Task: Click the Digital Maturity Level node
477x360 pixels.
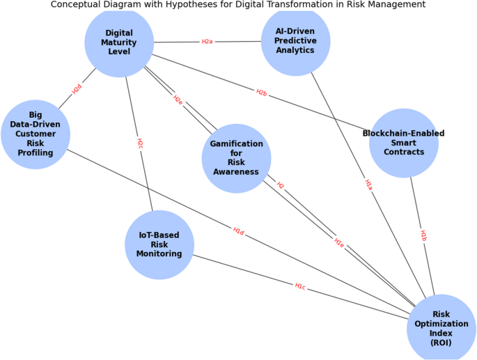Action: tap(119, 42)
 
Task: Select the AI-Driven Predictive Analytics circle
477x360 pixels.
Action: tap(295, 41)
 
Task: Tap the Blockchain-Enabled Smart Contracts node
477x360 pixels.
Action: tap(404, 143)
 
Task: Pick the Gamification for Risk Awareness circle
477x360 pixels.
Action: tap(236, 158)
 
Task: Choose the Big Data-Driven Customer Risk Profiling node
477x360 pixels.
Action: tap(36, 134)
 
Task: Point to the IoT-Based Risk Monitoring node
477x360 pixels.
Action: tap(159, 244)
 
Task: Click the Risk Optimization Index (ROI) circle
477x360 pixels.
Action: tap(441, 328)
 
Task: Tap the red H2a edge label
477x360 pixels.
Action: tap(207, 42)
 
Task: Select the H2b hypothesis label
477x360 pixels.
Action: tap(261, 93)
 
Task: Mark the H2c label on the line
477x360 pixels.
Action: tap(139, 143)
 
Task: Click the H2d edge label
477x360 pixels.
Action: tap(77, 89)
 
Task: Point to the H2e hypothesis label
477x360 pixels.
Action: tap(178, 100)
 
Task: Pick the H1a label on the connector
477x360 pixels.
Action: tap(368, 185)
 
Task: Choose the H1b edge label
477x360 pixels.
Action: tap(423, 235)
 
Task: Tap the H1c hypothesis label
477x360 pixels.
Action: tap(300, 286)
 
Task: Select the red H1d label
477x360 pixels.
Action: tap(238, 231)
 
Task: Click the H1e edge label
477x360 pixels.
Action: tap(338, 243)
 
